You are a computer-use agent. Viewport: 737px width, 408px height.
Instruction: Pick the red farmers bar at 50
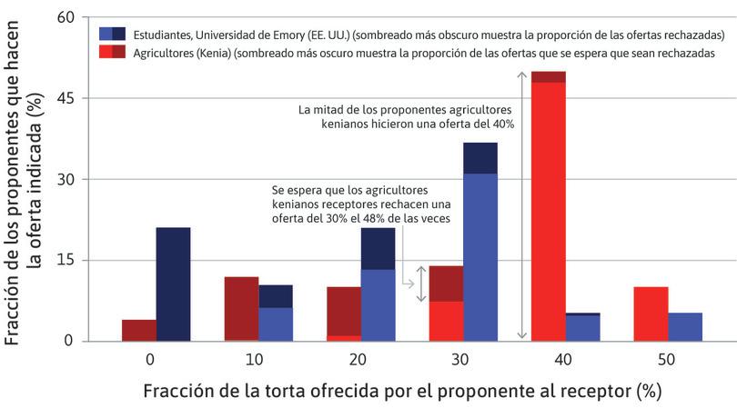650,313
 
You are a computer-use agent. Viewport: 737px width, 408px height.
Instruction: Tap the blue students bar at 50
685,326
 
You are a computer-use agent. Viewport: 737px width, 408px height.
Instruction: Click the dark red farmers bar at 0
138,330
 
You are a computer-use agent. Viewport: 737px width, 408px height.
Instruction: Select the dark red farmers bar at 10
241,308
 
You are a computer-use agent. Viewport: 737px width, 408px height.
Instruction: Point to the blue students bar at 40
582,328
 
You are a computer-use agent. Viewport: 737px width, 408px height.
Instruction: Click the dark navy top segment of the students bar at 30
480,158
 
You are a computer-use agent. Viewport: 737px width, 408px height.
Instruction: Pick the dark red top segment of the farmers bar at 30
446,284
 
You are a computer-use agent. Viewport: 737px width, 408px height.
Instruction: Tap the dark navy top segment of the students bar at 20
378,248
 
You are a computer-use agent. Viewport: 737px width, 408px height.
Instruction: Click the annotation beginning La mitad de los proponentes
407,116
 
